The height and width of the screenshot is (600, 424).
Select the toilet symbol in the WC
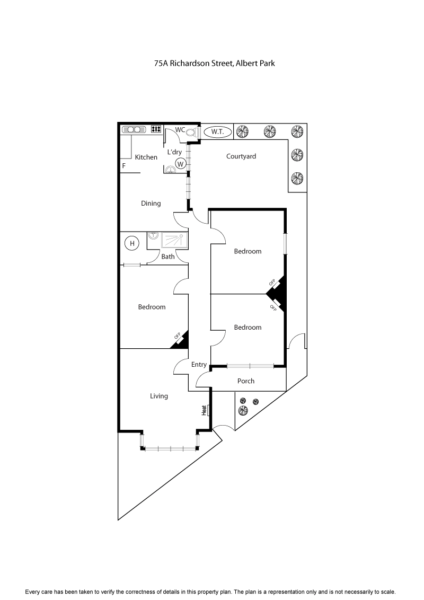point(191,133)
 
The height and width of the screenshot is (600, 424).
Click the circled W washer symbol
point(180,164)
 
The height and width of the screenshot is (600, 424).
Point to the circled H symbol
point(132,244)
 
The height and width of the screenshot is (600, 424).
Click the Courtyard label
point(241,156)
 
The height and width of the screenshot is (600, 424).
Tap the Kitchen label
point(146,157)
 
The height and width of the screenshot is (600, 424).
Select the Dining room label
point(151,204)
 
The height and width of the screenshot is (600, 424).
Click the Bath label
point(168,257)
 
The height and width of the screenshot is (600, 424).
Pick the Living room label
point(158,396)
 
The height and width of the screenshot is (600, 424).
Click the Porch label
point(246,381)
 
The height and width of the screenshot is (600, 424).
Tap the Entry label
point(199,365)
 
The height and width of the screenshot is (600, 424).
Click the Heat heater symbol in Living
point(205,410)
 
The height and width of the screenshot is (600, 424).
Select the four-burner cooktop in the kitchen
point(156,129)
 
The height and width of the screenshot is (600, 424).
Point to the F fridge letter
point(124,166)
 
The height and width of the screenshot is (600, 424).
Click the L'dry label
point(175,152)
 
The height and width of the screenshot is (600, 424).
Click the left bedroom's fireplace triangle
point(180,341)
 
